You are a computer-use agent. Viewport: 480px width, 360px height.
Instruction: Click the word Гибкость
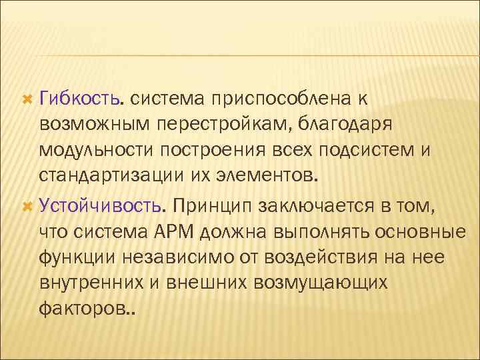(x=80, y=99)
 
